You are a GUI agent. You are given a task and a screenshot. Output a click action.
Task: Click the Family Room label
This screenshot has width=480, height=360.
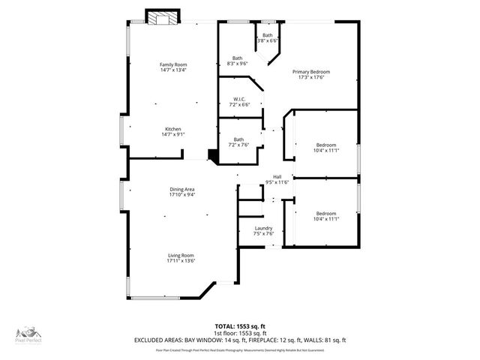click(172, 64)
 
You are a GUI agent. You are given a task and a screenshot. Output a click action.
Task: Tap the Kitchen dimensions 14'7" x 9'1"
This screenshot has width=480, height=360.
click(172, 134)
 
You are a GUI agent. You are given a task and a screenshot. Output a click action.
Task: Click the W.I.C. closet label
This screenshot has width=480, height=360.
click(239, 99)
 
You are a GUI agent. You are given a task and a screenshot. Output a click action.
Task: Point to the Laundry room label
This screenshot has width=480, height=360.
click(263, 228)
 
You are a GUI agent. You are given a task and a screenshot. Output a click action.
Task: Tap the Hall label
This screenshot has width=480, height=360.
click(277, 177)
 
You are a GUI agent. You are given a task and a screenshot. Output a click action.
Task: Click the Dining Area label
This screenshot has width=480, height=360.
click(181, 190)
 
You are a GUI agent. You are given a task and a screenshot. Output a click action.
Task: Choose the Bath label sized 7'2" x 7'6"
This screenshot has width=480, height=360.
click(238, 139)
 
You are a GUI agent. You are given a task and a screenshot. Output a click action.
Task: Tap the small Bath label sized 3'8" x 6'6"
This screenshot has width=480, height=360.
click(268, 35)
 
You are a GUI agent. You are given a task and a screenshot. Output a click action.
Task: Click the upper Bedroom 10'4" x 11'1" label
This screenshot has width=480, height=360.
click(325, 145)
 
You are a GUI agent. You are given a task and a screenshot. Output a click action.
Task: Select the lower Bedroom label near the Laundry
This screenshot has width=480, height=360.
click(325, 213)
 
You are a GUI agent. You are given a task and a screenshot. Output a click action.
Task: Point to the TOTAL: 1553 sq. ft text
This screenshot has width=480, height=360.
click(239, 326)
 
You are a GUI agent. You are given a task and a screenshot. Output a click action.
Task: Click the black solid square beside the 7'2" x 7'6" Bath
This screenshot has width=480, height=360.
click(213, 155)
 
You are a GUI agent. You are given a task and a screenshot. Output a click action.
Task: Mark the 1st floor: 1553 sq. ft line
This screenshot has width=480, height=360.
click(239, 333)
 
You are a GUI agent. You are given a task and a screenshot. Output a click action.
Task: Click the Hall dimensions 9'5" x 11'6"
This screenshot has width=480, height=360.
click(277, 182)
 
